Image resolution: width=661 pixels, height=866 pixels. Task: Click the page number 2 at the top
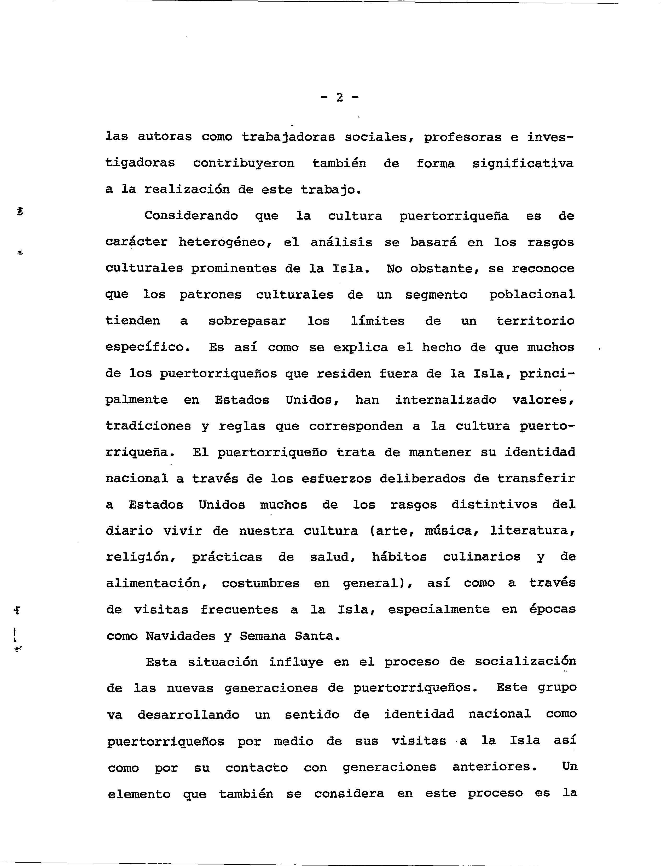(339, 97)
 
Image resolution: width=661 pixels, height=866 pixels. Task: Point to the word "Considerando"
(191, 216)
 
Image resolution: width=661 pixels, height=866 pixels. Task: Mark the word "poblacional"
(532, 295)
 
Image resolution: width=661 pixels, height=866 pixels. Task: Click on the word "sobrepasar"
(247, 321)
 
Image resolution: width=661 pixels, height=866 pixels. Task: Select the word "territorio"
(535, 321)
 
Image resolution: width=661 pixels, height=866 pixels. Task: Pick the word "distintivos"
(494, 505)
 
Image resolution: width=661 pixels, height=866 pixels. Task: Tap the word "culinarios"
(482, 557)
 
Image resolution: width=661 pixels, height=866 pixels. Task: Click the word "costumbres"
(260, 583)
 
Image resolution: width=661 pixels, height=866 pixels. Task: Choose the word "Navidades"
(181, 636)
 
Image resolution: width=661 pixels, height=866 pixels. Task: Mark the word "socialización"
(525, 662)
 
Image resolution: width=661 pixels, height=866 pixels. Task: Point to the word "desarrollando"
(188, 715)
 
